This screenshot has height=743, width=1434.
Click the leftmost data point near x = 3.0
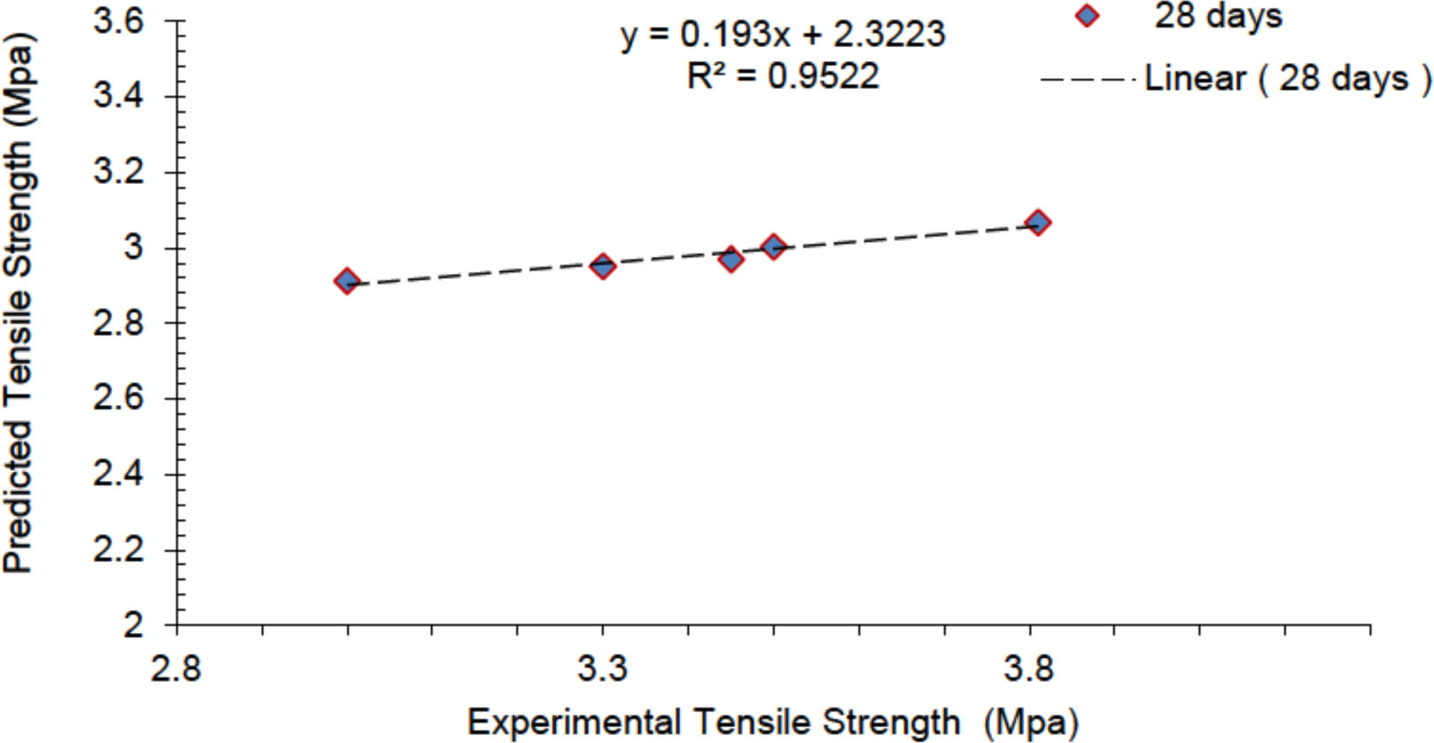(x=347, y=282)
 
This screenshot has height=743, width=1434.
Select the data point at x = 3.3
(x=603, y=266)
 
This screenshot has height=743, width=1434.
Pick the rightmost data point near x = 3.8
(x=1037, y=222)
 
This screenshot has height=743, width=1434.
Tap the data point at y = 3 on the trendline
(x=773, y=247)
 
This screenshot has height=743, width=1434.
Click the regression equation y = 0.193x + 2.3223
(x=782, y=35)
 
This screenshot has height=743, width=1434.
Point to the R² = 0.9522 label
(x=782, y=76)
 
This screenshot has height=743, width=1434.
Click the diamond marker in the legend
(x=1086, y=16)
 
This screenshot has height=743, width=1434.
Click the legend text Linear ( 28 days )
(x=1287, y=79)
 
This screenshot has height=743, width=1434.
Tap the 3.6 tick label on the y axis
(x=118, y=20)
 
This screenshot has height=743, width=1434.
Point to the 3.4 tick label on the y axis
(x=118, y=96)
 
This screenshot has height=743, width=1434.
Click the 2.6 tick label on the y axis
(x=118, y=398)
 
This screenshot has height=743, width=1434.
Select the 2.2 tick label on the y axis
(x=118, y=549)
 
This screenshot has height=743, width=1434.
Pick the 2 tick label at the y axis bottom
(x=133, y=625)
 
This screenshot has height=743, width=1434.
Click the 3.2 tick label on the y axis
(x=118, y=172)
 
